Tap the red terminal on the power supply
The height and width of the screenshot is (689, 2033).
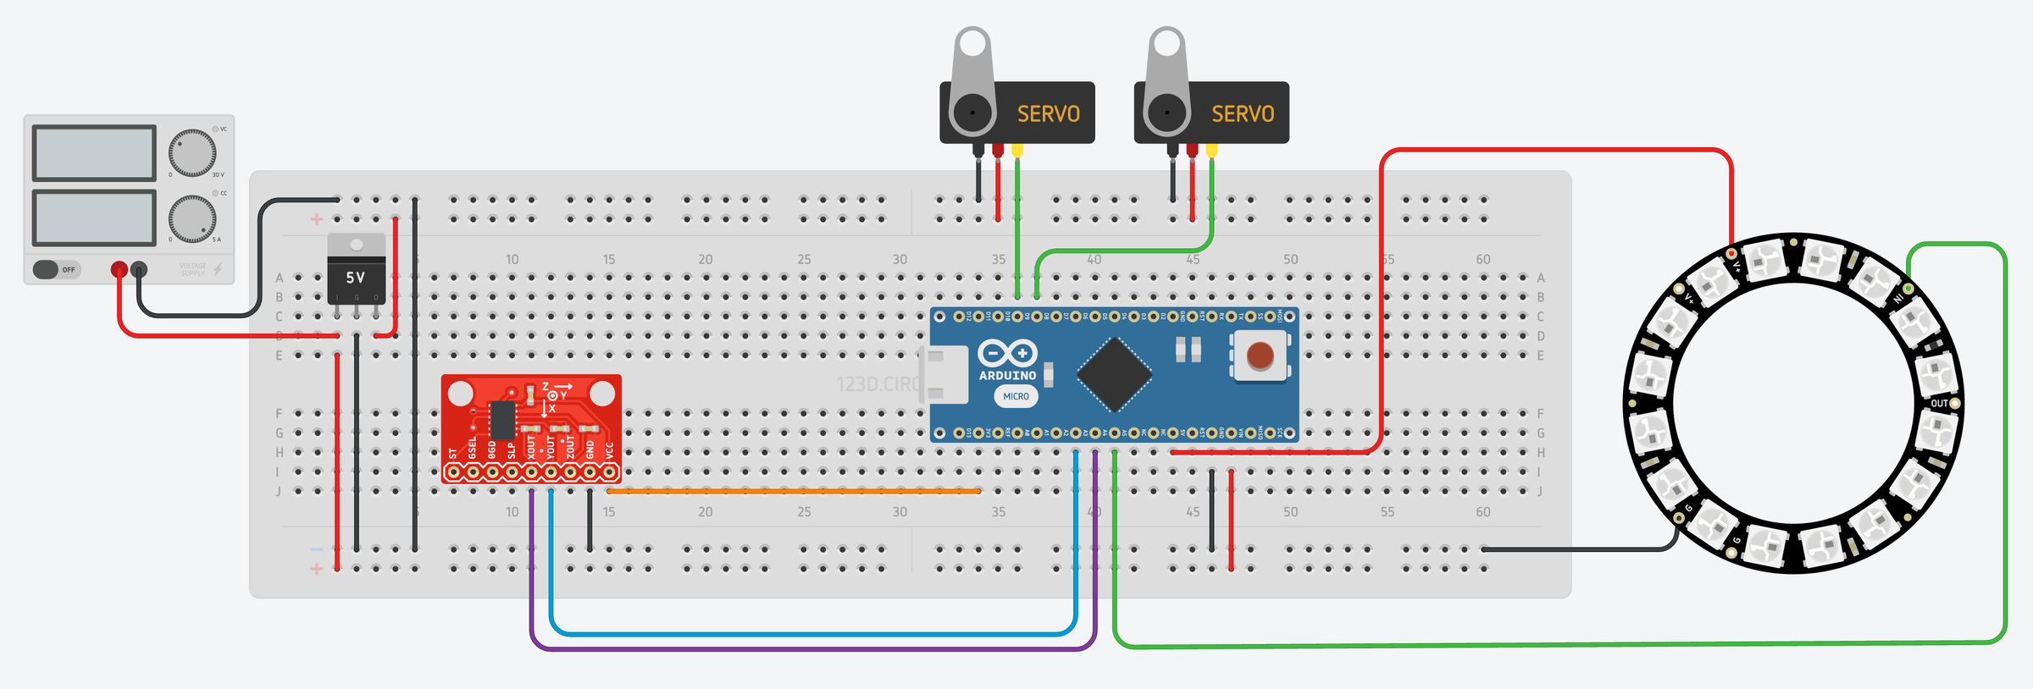pos(119,269)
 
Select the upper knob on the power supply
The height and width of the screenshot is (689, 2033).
pos(192,153)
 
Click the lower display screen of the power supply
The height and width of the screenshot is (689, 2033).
pos(94,218)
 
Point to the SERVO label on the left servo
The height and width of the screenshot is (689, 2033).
pos(1048,114)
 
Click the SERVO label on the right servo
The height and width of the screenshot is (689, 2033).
pos(1242,114)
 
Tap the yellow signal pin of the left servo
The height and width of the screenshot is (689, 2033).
pos(1017,151)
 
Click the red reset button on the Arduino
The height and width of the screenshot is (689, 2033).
pos(1260,356)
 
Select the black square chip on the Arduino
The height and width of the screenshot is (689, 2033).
pos(1115,374)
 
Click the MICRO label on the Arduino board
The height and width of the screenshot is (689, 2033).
pos(1016,396)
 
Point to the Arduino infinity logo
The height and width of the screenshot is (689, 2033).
pos(1006,353)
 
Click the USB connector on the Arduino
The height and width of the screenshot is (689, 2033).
pos(944,374)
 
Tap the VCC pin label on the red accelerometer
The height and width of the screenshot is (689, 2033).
pos(610,449)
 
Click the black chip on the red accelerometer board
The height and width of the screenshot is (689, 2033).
pos(502,420)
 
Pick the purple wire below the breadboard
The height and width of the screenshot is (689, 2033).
pos(813,649)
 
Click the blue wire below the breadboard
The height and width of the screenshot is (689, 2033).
pos(813,633)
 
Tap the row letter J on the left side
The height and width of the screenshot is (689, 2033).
pos(279,491)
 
